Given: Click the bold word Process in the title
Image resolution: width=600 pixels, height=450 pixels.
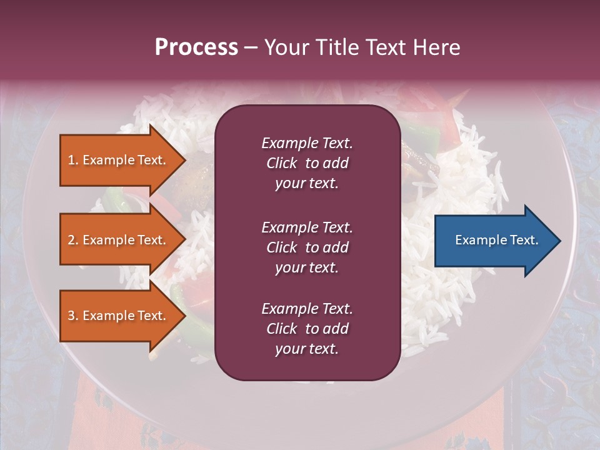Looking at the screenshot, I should [x=196, y=47].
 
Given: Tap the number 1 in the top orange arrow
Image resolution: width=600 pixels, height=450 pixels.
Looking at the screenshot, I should [x=71, y=160].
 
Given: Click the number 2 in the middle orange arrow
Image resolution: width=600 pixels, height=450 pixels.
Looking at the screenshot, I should [x=71, y=240].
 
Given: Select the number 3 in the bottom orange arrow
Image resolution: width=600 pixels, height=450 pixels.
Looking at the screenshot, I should [x=71, y=316].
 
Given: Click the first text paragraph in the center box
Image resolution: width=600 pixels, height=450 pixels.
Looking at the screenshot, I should [x=307, y=163].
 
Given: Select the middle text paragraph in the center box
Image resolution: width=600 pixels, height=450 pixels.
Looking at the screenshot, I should [x=307, y=247].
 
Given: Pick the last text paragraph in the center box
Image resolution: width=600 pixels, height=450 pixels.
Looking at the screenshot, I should [x=307, y=329].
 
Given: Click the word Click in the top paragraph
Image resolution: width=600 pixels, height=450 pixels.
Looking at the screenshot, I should [x=281, y=163].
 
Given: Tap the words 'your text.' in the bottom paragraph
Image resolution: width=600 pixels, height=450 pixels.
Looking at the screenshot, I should [x=307, y=349].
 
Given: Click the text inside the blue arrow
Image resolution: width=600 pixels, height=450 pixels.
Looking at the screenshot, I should [x=497, y=240].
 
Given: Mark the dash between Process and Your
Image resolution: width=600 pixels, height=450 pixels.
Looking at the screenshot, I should [x=251, y=48].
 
